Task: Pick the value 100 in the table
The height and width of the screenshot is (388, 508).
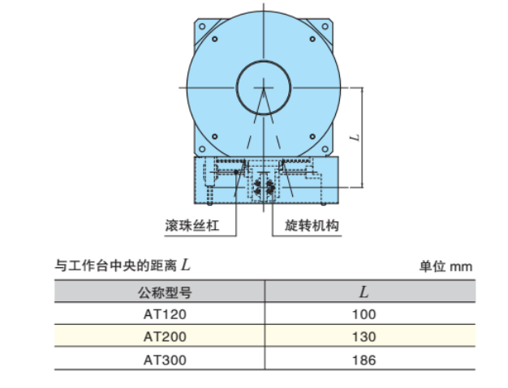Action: [x=364, y=314]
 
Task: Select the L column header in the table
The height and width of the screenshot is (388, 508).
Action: [x=364, y=292]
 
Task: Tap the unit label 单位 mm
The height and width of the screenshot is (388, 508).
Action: [x=445, y=265]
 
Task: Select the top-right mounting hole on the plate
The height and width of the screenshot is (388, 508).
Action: [x=314, y=39]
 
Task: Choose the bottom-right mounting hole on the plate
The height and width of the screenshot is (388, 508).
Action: [x=314, y=135]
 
